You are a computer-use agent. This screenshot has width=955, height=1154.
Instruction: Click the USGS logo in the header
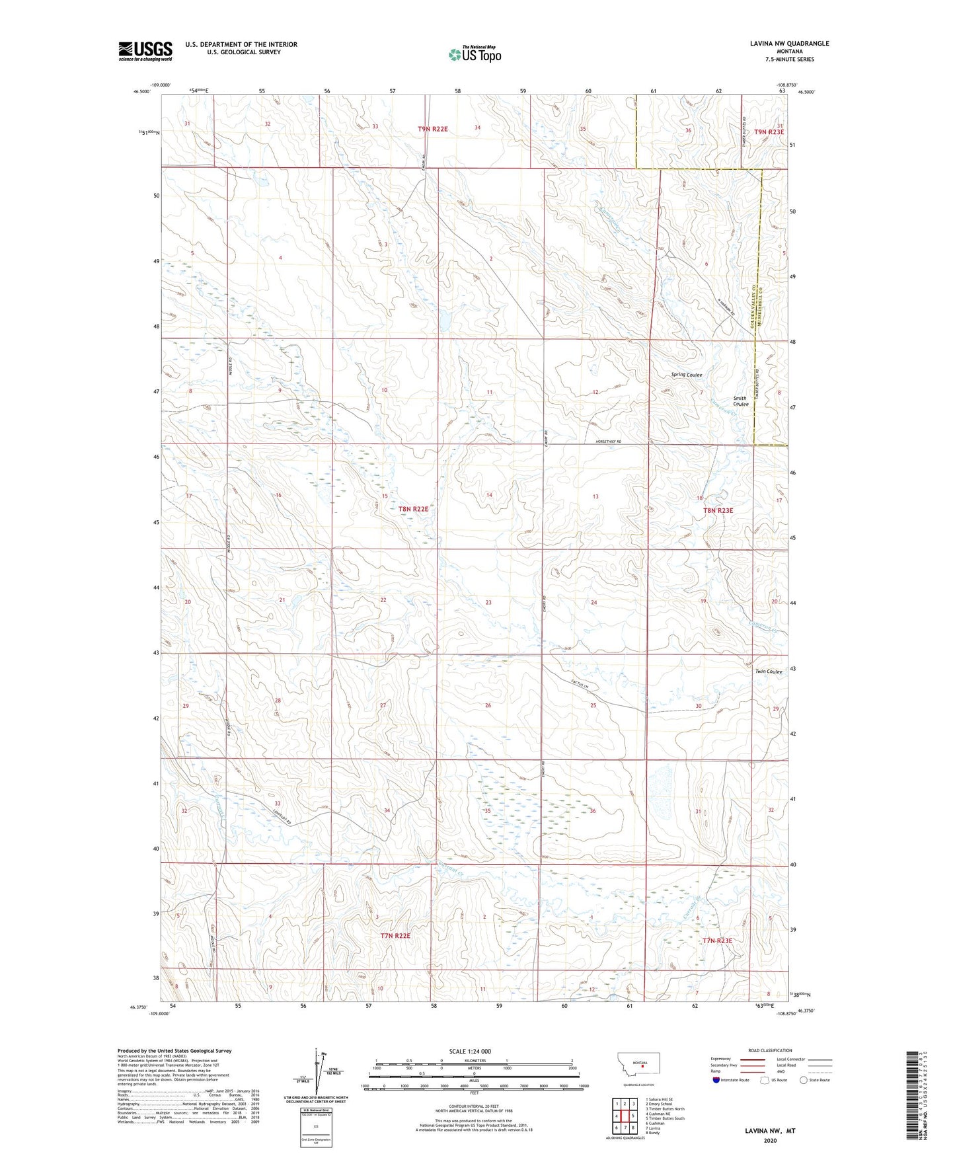(145, 51)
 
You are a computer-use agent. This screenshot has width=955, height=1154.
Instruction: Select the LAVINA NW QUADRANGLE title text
(789, 44)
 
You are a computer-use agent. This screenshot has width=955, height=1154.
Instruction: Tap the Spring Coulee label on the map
(686, 375)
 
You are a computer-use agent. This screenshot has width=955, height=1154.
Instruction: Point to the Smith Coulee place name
(740, 401)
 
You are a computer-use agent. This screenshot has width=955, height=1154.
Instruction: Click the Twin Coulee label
(768, 672)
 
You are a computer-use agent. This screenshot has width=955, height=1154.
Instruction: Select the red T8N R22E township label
(413, 510)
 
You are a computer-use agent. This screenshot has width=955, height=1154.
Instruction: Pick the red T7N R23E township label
(717, 941)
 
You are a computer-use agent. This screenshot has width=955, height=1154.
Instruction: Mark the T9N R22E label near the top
(432, 130)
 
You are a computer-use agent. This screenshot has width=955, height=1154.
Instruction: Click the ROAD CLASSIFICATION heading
(771, 1050)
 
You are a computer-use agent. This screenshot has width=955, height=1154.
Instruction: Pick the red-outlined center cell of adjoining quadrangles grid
(625, 1116)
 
